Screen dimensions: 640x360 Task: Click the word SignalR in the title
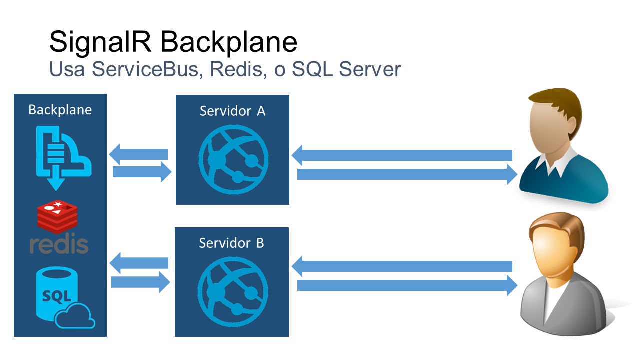(100, 43)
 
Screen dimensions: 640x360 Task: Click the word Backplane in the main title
(229, 42)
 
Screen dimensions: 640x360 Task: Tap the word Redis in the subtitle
(236, 69)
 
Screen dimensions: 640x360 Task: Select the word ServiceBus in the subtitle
(145, 69)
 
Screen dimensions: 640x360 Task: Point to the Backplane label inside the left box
(60, 110)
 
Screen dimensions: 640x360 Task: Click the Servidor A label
(232, 111)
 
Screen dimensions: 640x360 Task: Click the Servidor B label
(231, 243)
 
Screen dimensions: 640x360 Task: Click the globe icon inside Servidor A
(233, 159)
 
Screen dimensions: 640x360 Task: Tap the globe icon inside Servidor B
(233, 291)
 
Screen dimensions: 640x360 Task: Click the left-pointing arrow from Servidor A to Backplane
(138, 154)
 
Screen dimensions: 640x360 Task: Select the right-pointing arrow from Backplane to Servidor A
(142, 172)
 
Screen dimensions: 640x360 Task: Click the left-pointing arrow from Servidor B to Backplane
(139, 263)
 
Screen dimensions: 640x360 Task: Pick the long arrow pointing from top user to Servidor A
(402, 155)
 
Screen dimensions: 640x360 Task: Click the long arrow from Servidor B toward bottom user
(407, 285)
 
